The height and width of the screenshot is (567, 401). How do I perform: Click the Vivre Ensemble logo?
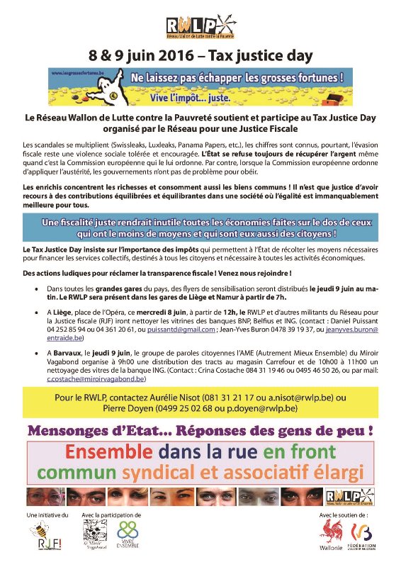(128, 532)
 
